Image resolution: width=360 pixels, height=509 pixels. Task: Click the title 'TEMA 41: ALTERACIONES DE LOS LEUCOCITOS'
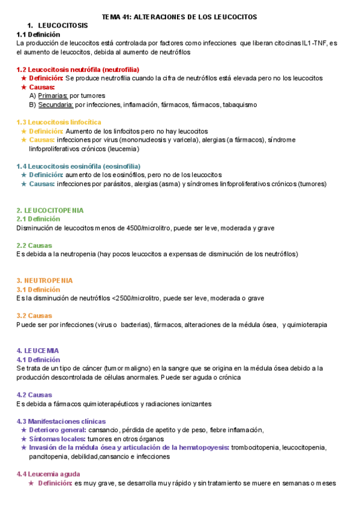coord(180,17)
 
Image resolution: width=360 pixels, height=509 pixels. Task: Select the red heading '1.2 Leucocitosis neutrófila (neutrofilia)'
coord(79,70)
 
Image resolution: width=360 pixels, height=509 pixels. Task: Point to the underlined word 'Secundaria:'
coord(56,104)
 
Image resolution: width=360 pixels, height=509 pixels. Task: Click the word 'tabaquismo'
coord(239,104)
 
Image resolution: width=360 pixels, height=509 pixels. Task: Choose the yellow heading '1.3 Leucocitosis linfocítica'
coord(59,122)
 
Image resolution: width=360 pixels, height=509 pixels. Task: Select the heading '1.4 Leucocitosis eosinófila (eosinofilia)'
coord(79,166)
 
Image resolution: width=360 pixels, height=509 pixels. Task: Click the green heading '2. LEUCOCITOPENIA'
coord(50,210)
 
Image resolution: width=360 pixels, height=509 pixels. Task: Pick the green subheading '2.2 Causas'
coord(34,245)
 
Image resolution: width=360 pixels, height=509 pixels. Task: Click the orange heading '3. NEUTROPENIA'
coord(44,280)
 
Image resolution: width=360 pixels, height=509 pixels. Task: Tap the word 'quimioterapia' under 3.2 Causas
coord(305,325)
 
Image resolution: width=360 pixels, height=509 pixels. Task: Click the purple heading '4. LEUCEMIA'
coord(38,351)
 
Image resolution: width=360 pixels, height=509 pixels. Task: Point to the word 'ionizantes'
coord(194,403)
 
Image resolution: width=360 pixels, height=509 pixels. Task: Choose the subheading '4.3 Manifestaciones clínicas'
coord(61,421)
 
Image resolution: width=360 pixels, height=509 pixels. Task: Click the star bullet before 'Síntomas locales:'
coord(23,439)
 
